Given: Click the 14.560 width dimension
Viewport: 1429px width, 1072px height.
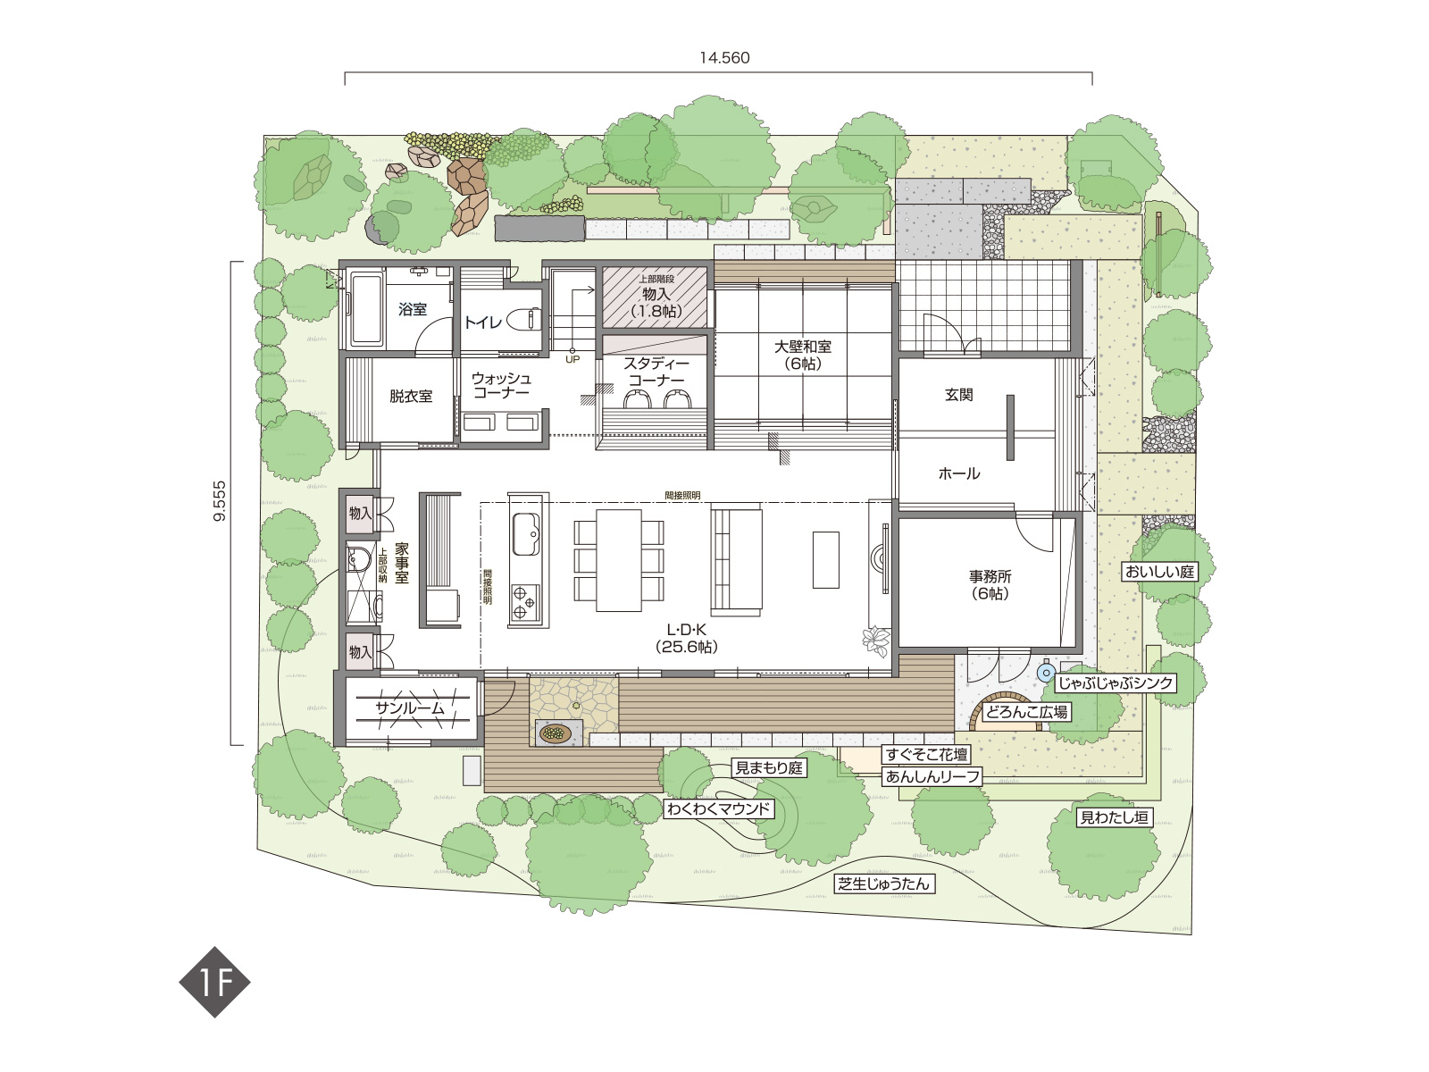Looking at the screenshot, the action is (724, 58).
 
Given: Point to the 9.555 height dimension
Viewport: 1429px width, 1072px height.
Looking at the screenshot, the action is (220, 501).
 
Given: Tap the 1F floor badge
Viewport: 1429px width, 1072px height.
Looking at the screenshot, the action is (215, 982).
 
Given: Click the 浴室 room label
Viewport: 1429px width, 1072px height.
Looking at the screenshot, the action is (413, 309).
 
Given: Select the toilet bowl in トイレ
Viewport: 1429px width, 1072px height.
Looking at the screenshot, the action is (525, 320).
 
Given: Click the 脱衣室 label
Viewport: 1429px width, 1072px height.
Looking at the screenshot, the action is (411, 396).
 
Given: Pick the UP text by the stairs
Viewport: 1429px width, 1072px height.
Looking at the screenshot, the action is (572, 359).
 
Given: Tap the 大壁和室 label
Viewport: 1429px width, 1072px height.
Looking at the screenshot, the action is (803, 347).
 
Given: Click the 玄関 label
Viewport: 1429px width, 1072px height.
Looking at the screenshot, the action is (958, 395).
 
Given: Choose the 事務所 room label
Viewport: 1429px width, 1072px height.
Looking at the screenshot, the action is (990, 577).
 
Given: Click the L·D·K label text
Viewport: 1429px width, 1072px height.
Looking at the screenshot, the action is (687, 630).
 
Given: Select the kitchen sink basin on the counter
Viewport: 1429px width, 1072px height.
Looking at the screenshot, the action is (525, 534).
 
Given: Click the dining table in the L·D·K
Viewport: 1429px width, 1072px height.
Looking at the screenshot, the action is (619, 560).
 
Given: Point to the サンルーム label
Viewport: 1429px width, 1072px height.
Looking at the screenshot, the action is (410, 708).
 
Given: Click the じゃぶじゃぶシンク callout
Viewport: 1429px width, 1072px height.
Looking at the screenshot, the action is (1116, 683).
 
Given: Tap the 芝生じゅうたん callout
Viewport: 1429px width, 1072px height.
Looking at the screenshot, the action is (884, 884).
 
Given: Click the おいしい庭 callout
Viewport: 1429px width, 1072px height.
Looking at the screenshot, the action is (1159, 572).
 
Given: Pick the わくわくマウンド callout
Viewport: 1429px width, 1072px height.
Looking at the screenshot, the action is (719, 809).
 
